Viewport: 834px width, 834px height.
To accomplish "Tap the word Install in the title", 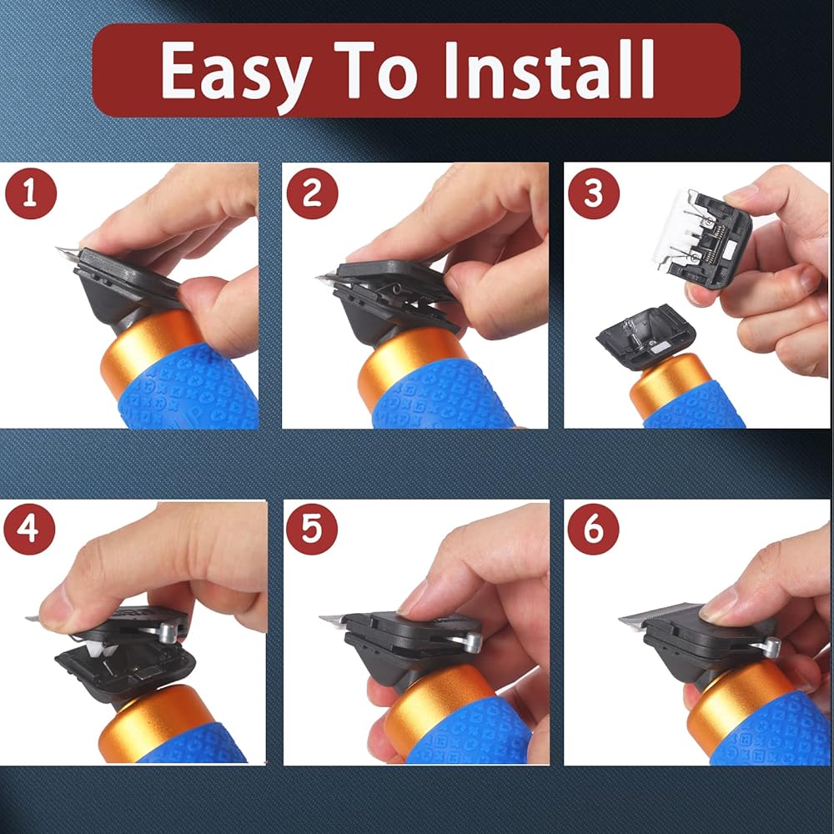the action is (x=549, y=70).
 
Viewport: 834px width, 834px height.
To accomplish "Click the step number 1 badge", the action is (x=30, y=193).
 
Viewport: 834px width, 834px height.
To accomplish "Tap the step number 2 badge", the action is (x=312, y=193).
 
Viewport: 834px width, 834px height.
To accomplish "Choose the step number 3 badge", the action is (x=594, y=193).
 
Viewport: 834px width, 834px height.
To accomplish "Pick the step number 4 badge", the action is (x=29, y=530).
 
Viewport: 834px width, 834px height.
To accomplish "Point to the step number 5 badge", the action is (x=312, y=530).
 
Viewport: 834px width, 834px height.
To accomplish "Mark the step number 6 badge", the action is (x=594, y=530).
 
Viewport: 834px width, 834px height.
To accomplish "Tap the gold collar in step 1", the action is (x=146, y=346).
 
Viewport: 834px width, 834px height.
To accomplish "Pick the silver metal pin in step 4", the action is (x=169, y=631).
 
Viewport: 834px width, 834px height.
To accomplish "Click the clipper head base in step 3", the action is (x=646, y=336).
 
